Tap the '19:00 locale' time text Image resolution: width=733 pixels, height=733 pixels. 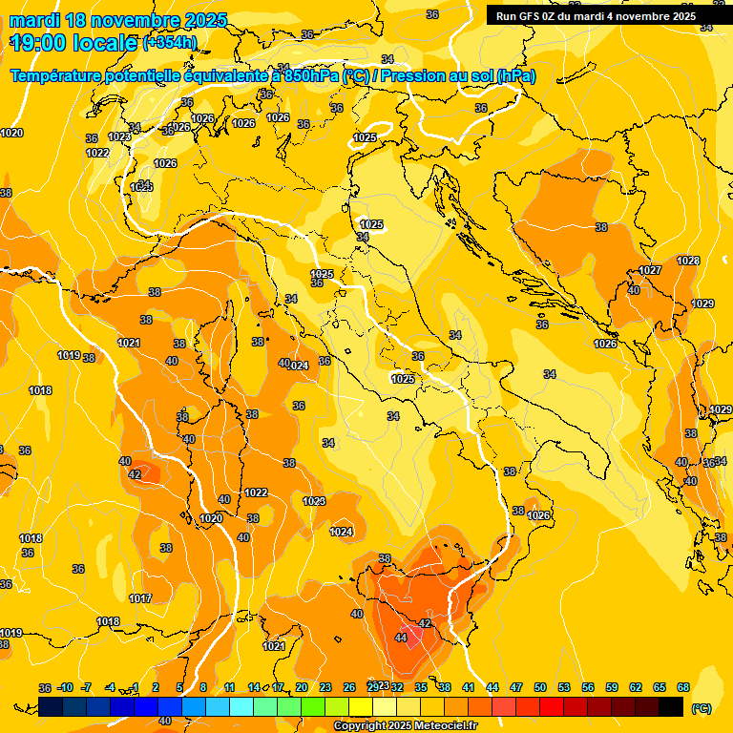(x=73, y=43)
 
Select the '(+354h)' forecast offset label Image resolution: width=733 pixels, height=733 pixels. (x=169, y=43)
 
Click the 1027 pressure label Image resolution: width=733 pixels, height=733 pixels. (x=650, y=270)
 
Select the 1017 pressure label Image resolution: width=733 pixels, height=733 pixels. (x=140, y=598)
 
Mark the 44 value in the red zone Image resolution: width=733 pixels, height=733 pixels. (x=401, y=638)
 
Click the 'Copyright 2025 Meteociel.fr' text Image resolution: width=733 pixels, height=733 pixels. (x=406, y=726)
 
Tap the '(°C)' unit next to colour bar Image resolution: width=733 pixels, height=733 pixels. (x=701, y=707)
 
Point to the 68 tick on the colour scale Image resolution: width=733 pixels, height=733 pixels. (x=683, y=687)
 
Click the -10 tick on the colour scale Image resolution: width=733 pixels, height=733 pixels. (x=66, y=687)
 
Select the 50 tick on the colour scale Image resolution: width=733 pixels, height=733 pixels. (x=540, y=687)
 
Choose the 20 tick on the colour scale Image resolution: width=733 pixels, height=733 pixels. (x=302, y=687)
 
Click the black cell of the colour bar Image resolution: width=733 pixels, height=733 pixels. (x=671, y=706)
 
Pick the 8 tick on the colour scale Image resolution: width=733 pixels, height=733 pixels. (x=203, y=687)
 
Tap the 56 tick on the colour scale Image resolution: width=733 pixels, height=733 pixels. (x=588, y=687)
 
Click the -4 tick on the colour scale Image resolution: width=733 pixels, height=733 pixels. (x=110, y=687)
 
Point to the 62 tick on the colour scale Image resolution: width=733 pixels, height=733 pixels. (x=636, y=687)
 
